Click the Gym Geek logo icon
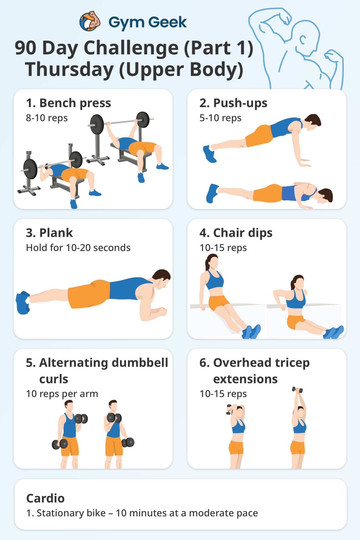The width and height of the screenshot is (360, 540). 90,21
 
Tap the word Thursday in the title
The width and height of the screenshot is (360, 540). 69,70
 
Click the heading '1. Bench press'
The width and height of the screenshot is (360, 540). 68,103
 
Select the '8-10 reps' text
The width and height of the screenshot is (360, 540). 47,118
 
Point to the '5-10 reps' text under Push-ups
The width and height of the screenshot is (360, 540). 220,118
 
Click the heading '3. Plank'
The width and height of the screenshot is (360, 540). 49,233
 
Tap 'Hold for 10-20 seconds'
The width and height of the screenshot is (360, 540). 78,248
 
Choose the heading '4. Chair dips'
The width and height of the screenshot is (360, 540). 236,233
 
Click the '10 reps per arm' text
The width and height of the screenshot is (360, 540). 62,394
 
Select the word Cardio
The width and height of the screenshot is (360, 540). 45,498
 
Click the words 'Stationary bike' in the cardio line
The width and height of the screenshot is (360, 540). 71,513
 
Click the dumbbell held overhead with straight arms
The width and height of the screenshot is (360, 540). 297,390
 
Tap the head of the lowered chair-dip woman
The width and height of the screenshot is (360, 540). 298,283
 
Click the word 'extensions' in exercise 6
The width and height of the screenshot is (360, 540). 245,379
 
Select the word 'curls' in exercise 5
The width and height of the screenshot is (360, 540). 54,379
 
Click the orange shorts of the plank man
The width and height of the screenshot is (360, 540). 89,294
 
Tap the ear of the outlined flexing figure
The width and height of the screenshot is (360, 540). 303,40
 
